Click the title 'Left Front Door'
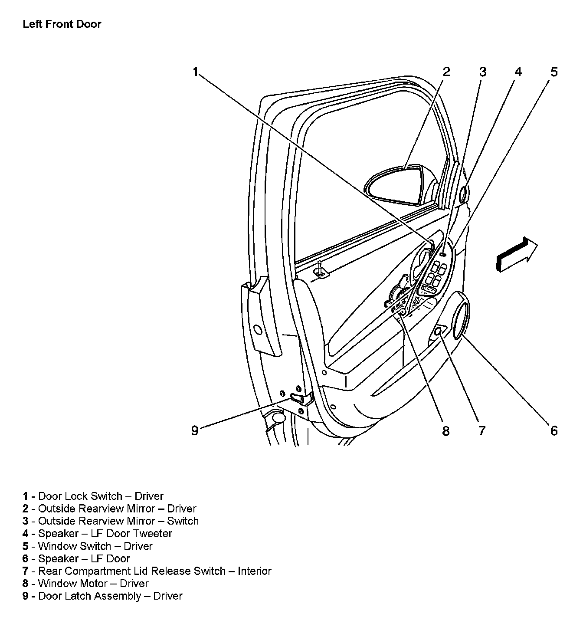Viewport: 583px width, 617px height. pyautogui.click(x=62, y=24)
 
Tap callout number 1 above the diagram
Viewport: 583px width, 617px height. pyautogui.click(x=196, y=72)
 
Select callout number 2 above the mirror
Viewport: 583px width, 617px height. pyautogui.click(x=446, y=72)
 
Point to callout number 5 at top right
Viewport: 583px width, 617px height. pyautogui.click(x=554, y=72)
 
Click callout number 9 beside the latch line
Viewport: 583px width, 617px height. pyautogui.click(x=195, y=430)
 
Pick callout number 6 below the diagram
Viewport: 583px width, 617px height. pyautogui.click(x=554, y=430)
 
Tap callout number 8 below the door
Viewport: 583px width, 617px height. pyautogui.click(x=446, y=430)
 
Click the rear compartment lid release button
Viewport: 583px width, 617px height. pyautogui.click(x=439, y=331)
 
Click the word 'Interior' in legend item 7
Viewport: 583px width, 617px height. pyautogui.click(x=254, y=571)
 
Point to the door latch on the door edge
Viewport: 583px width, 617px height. pyautogui.click(x=299, y=398)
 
